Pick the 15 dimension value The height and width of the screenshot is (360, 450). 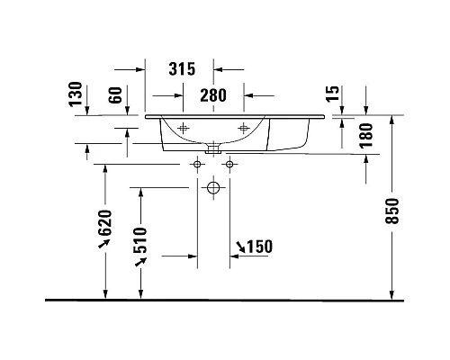[x=334, y=93]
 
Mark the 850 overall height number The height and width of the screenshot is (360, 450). [x=392, y=211]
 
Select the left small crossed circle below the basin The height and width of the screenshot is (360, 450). [x=197, y=165]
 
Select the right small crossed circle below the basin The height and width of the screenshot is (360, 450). [x=229, y=165]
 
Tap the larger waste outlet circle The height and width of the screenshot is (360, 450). [x=213, y=189]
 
